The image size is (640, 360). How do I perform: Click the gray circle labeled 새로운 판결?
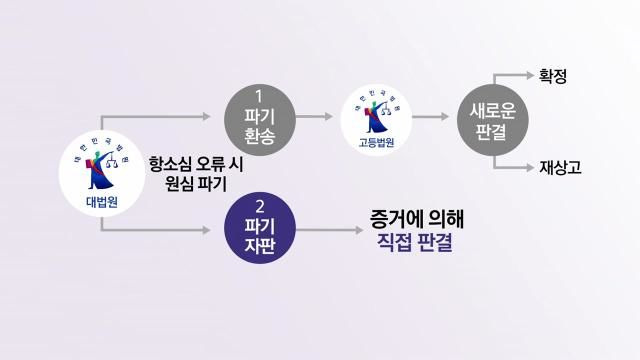[x=491, y=118]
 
